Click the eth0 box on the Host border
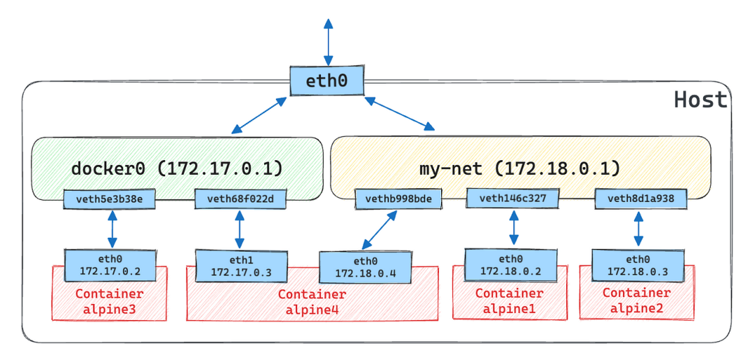(x=327, y=80)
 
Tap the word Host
(x=700, y=100)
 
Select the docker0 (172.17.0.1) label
(x=177, y=168)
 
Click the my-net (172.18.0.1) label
(x=519, y=168)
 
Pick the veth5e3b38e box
(x=109, y=199)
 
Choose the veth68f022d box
(x=240, y=199)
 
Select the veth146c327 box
(x=513, y=199)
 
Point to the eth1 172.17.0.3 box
(x=240, y=265)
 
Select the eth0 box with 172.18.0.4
(x=364, y=267)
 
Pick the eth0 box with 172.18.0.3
(x=637, y=264)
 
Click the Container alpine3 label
(x=109, y=301)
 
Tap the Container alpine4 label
(x=312, y=301)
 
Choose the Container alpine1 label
(x=510, y=300)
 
